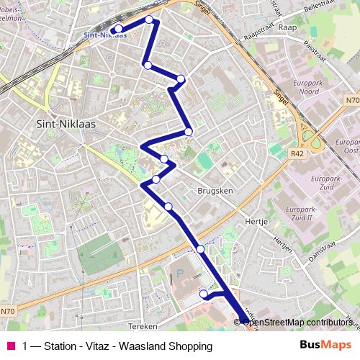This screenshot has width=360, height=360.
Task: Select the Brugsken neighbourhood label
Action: (x=213, y=192)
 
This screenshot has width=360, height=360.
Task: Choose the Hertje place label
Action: (x=257, y=222)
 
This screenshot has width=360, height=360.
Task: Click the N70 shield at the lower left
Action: (x=7, y=311)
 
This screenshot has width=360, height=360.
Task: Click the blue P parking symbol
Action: (x=179, y=274)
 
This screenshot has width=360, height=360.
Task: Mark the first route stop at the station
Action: (x=117, y=30)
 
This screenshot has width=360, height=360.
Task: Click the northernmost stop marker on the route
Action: (x=149, y=19)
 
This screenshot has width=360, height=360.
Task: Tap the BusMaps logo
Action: (x=325, y=346)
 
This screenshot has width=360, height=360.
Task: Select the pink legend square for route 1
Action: (x=11, y=346)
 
